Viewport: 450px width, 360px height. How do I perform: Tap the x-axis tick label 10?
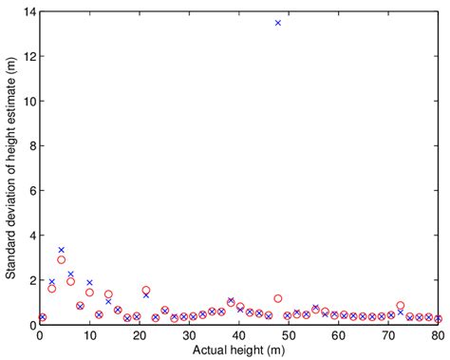click(x=89, y=335)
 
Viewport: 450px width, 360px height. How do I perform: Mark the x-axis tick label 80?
click(x=437, y=335)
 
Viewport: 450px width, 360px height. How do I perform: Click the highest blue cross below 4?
click(x=62, y=250)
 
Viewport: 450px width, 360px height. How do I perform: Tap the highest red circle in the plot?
click(x=62, y=259)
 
